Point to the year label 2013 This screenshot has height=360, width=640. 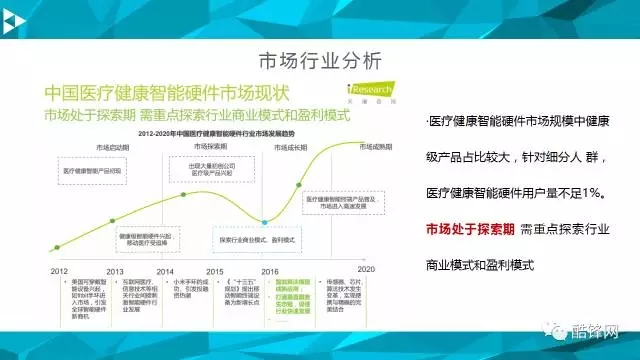pos(115,270)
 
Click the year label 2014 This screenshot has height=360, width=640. pos(164,270)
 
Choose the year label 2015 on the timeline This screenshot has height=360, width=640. pos(214,270)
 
